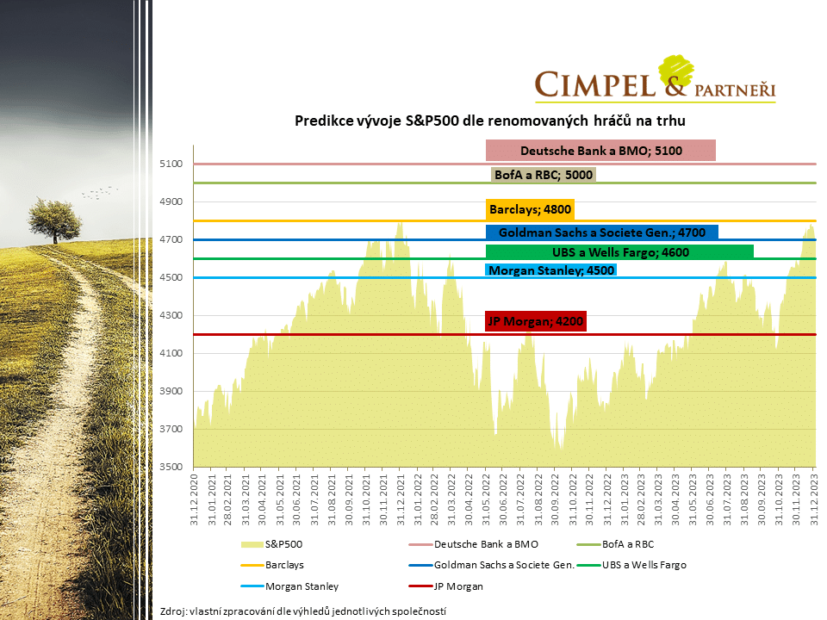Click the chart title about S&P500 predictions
[490, 121]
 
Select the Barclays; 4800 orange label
[530, 209]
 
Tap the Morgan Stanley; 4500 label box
[551, 270]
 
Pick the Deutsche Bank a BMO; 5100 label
[600, 151]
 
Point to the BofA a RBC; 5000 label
[543, 175]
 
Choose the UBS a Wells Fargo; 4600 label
[619, 252]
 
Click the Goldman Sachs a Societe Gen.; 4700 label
[601, 232]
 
